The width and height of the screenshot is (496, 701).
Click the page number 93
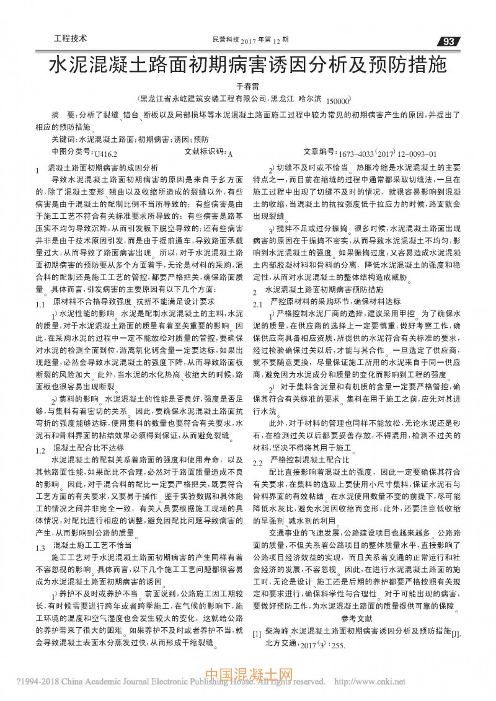pos(449,42)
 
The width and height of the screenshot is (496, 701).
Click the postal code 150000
pos(338,100)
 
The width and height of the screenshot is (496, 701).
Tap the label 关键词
pos(64,139)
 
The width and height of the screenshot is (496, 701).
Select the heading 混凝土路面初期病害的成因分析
pos(102,167)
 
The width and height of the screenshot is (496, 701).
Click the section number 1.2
pos(41,451)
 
